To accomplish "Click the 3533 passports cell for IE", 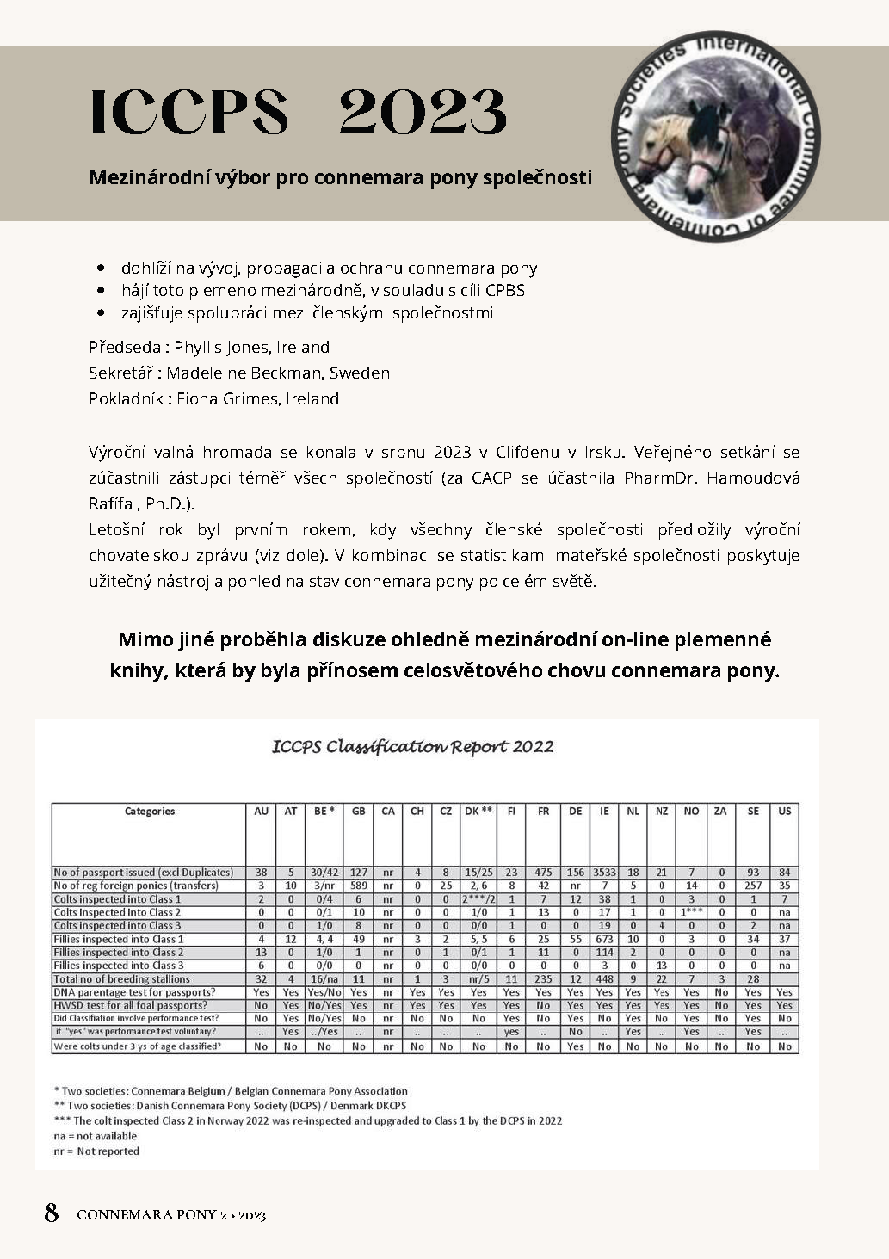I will (604, 872).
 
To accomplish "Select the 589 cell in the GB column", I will (359, 886).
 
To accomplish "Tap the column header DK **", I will (478, 811).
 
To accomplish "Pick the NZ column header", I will (661, 811).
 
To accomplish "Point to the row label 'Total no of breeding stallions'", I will (121, 978).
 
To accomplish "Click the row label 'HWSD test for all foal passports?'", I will (130, 1005).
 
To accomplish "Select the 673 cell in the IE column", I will (604, 939).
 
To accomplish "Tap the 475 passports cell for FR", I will (543, 872).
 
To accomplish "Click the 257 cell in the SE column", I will (753, 886).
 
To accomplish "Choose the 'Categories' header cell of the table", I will (149, 811).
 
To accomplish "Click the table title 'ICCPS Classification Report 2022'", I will (412, 746).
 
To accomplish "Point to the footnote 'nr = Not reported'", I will (96, 1151).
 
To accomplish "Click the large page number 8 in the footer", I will (52, 1213).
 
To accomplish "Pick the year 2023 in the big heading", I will (423, 112).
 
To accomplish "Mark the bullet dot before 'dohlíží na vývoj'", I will (103, 268).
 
